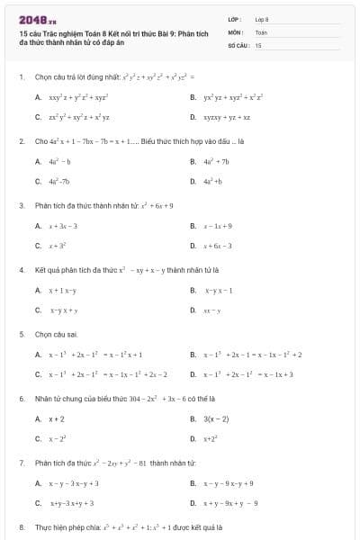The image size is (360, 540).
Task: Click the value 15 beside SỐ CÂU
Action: [258, 44]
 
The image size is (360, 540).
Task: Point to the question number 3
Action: [21, 205]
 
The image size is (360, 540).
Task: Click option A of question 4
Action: [62, 290]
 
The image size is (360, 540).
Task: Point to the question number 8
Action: [21, 526]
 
